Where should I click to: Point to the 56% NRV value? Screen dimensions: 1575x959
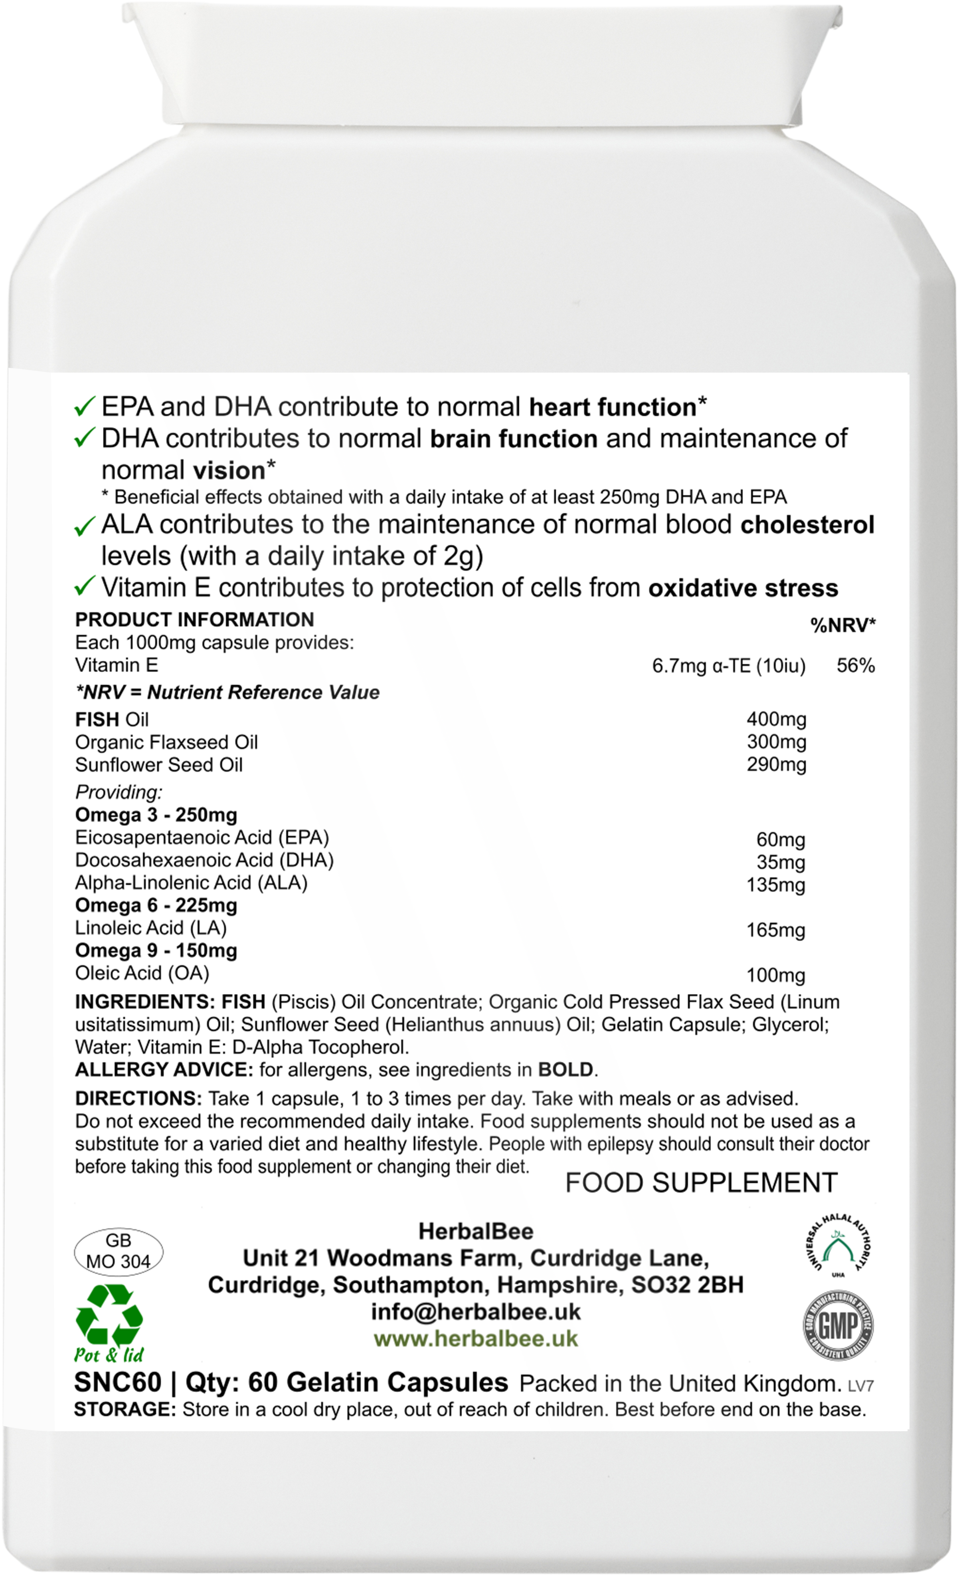pyautogui.click(x=856, y=666)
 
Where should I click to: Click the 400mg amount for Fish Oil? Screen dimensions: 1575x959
pyautogui.click(x=776, y=720)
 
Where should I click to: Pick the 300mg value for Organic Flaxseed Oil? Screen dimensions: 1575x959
pyautogui.click(x=776, y=742)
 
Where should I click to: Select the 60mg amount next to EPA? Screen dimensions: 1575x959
pyautogui.click(x=780, y=840)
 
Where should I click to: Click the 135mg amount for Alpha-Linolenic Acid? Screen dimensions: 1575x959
pyautogui.click(x=776, y=885)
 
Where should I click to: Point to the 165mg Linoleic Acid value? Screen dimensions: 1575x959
pyautogui.click(x=776, y=931)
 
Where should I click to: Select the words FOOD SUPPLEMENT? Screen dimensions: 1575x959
pyautogui.click(x=701, y=1183)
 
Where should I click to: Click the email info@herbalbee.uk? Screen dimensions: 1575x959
pyautogui.click(x=475, y=1312)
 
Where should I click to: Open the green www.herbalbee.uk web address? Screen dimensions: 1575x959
pyautogui.click(x=475, y=1339)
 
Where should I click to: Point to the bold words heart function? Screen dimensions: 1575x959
pyautogui.click(x=613, y=407)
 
